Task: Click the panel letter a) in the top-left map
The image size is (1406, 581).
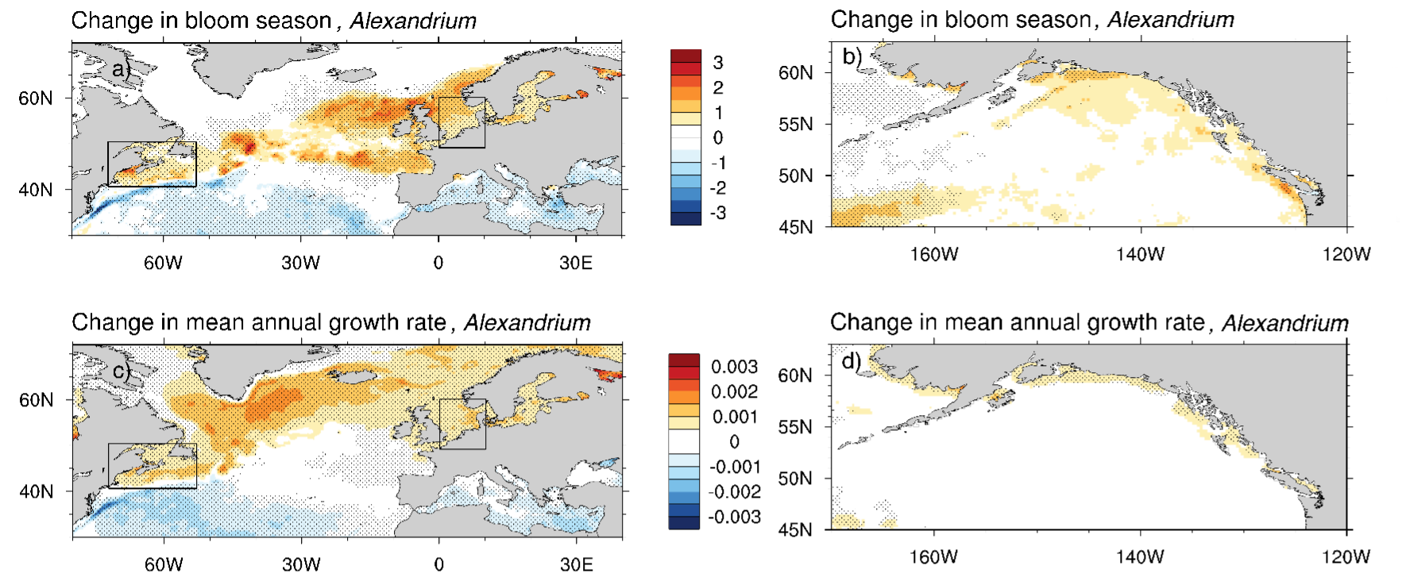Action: [121, 69]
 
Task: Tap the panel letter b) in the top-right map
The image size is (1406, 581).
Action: [852, 56]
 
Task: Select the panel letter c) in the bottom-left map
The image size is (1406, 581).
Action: [122, 371]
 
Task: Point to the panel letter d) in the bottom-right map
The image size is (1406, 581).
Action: [852, 361]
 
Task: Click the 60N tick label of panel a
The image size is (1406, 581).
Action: [36, 98]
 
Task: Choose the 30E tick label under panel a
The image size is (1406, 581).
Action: [576, 263]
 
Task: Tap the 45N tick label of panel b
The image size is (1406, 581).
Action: [796, 227]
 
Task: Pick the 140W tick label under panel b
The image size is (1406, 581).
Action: [1141, 254]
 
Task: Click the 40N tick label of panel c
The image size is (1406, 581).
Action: [36, 491]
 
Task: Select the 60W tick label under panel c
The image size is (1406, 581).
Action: [164, 564]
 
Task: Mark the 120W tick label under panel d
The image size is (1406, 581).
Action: [1346, 556]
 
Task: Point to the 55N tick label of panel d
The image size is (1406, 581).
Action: [795, 427]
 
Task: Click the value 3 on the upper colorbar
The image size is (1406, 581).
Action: [718, 63]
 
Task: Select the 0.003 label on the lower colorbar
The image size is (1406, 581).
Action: [735, 367]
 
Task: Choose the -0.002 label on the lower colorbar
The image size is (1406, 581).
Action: [735, 492]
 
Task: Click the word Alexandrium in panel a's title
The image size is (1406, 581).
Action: [413, 21]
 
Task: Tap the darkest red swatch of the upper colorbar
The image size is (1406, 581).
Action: [686, 56]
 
